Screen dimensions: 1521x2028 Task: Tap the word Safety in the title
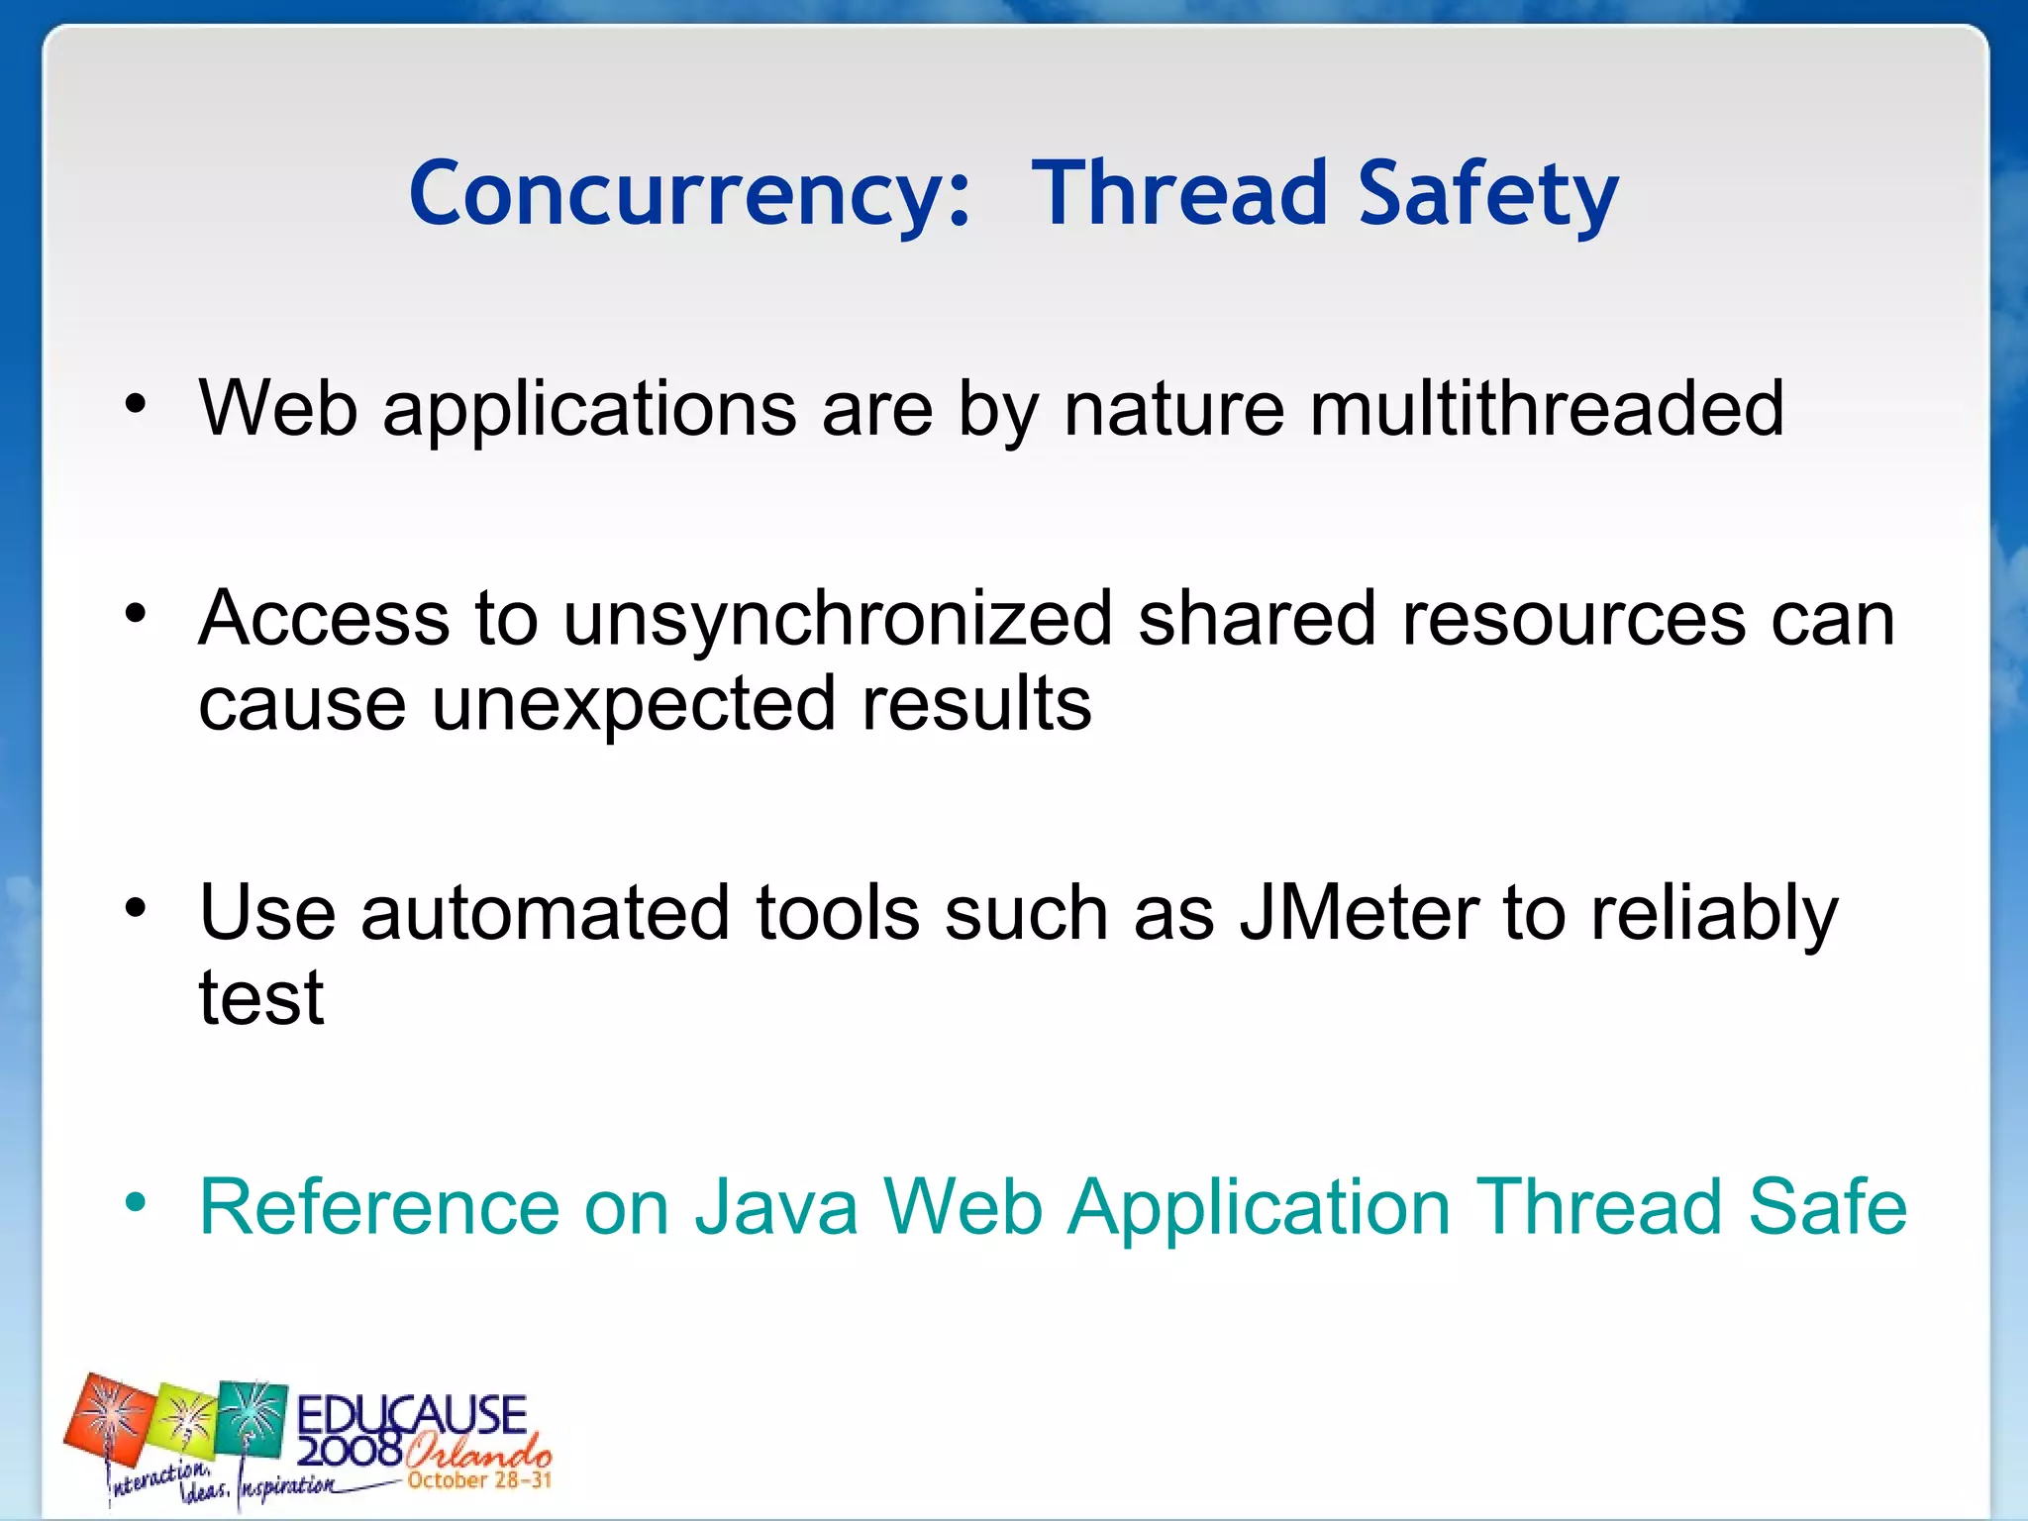pos(1487,193)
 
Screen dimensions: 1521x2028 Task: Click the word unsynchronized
pos(838,619)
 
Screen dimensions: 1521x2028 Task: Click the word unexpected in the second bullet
pos(634,703)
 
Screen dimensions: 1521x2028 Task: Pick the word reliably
pos(1713,912)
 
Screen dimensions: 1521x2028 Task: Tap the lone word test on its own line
pos(261,997)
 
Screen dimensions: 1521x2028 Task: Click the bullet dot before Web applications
pos(136,405)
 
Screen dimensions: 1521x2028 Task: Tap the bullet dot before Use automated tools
pos(136,908)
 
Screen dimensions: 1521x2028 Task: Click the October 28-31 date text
pos(479,1480)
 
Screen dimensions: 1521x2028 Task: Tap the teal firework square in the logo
pos(252,1419)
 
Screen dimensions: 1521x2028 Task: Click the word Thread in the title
pos(1178,193)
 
